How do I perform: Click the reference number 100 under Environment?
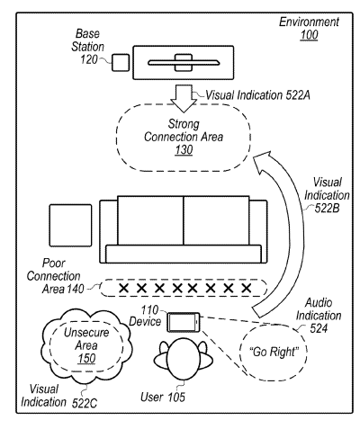pyautogui.click(x=309, y=35)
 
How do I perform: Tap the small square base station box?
pyautogui.click(x=121, y=63)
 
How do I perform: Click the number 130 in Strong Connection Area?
pyautogui.click(x=184, y=149)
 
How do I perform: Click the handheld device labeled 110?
pyautogui.click(x=184, y=322)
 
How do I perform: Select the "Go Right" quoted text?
pyautogui.click(x=274, y=352)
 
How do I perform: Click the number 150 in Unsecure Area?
pyautogui.click(x=86, y=358)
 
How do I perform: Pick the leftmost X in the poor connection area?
pyautogui.click(x=123, y=289)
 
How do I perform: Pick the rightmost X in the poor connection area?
pyautogui.click(x=247, y=289)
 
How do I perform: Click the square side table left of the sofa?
pyautogui.click(x=70, y=226)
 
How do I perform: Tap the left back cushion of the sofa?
pyautogui.click(x=150, y=220)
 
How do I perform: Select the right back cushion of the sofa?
pyautogui.click(x=216, y=220)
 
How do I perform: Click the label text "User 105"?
pyautogui.click(x=163, y=397)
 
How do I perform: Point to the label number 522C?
pyautogui.click(x=85, y=404)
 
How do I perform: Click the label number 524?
pyautogui.click(x=319, y=328)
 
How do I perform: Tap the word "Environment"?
pyautogui.click(x=309, y=22)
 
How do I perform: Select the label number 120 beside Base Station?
pyautogui.click(x=89, y=59)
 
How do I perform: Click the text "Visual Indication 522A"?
pyautogui.click(x=257, y=95)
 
